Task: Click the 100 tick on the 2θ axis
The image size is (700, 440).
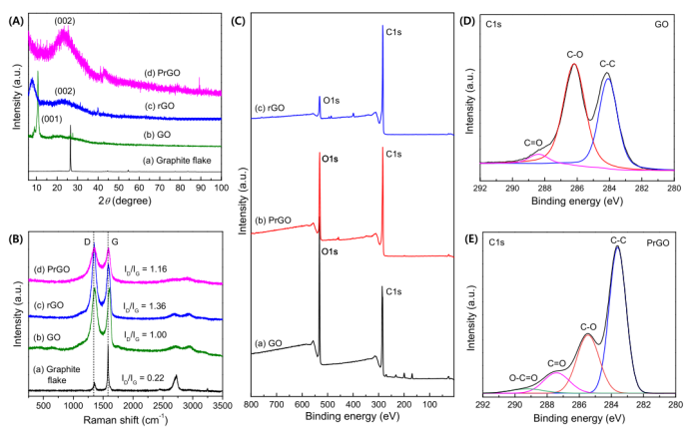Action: click(x=220, y=187)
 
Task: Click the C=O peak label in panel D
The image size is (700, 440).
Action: click(x=532, y=143)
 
